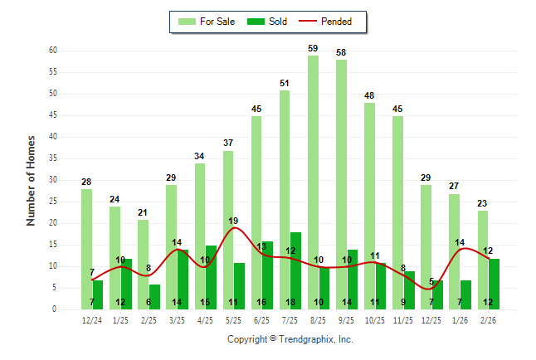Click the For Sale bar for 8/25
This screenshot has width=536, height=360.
pyautogui.click(x=313, y=182)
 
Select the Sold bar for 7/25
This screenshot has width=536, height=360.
pyautogui.click(x=296, y=270)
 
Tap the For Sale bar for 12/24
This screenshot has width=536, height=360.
pyautogui.click(x=86, y=249)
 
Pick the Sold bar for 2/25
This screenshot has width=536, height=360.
pyautogui.click(x=154, y=297)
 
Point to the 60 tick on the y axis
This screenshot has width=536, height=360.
pyautogui.click(x=52, y=51)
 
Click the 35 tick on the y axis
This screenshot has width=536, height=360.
pyautogui.click(x=52, y=158)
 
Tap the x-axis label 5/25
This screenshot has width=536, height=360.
pyautogui.click(x=234, y=320)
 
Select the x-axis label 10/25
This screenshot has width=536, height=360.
pyautogui.click(x=375, y=320)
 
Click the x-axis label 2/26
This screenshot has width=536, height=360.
pyautogui.click(x=489, y=320)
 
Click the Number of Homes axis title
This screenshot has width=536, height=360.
pyautogui.click(x=32, y=180)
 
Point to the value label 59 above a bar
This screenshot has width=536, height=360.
pyautogui.click(x=313, y=48)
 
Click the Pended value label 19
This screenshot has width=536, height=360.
pyautogui.click(x=234, y=221)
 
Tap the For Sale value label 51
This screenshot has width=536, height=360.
pyautogui.click(x=285, y=83)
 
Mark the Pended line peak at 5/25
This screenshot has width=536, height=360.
pyautogui.click(x=234, y=228)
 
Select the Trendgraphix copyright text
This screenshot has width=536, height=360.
pyautogui.click(x=290, y=339)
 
